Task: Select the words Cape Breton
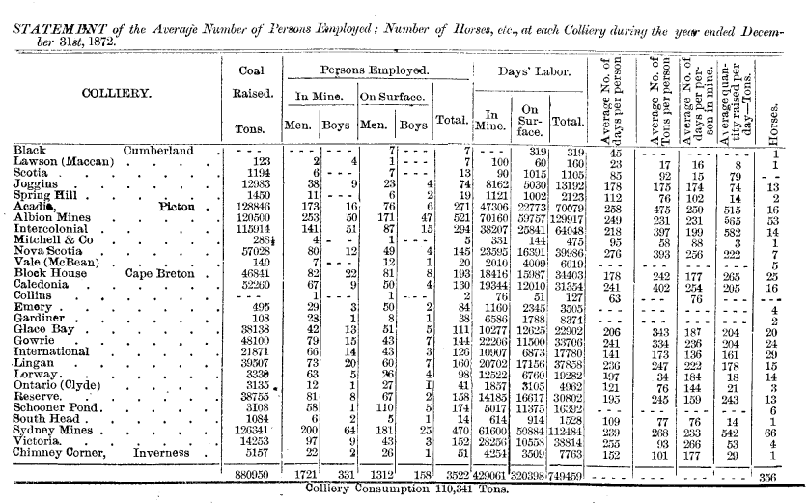(x=161, y=274)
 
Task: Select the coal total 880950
(x=250, y=477)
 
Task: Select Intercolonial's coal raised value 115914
(x=249, y=229)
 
